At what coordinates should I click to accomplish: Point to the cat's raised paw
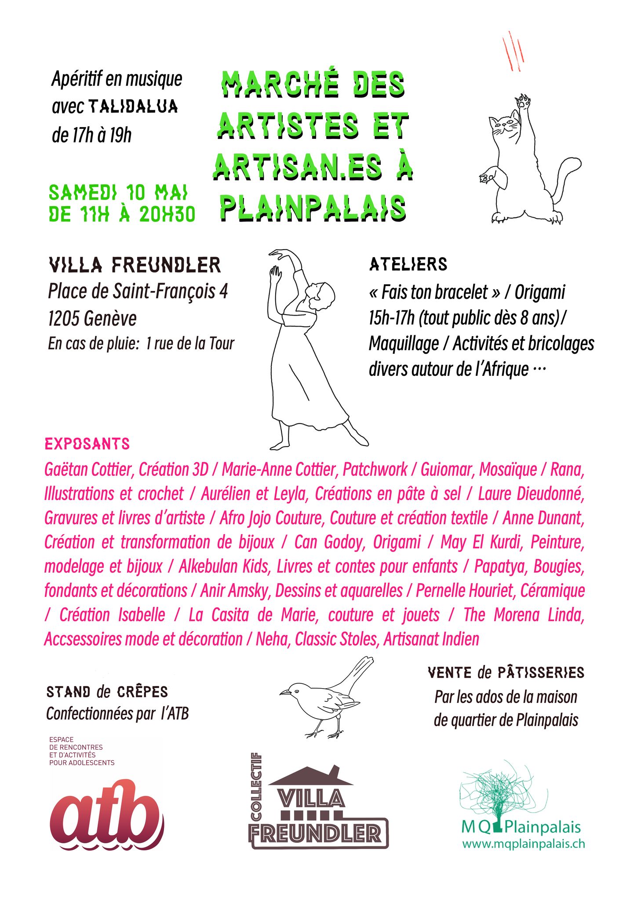pyautogui.click(x=523, y=103)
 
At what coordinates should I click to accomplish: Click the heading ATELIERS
pyautogui.click(x=408, y=265)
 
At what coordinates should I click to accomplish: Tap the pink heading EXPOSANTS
pyautogui.click(x=87, y=444)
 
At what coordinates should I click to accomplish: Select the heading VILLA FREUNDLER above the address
pyautogui.click(x=135, y=265)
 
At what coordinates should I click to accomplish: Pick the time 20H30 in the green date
pyautogui.click(x=167, y=214)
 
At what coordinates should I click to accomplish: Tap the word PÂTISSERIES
pyautogui.click(x=541, y=673)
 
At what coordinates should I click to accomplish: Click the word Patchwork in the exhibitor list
pyautogui.click(x=375, y=469)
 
